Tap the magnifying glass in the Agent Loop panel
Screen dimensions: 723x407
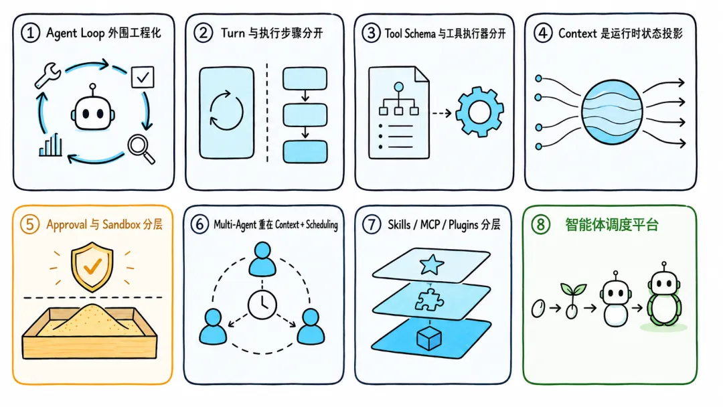(141, 149)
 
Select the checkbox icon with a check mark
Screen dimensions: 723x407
(143, 77)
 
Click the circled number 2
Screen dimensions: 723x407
(203, 33)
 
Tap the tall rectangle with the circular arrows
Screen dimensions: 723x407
(226, 113)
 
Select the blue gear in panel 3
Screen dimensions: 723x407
(479, 112)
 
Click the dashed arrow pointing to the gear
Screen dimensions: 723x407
(442, 113)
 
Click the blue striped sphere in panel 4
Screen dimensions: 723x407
(612, 112)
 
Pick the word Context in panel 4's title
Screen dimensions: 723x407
(578, 33)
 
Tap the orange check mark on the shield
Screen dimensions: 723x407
(92, 266)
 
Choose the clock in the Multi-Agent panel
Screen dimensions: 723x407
(262, 305)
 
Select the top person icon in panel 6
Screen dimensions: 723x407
(262, 259)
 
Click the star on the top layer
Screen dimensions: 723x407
(432, 264)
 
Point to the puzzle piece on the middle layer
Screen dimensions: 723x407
(429, 300)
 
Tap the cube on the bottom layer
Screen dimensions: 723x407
(429, 338)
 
